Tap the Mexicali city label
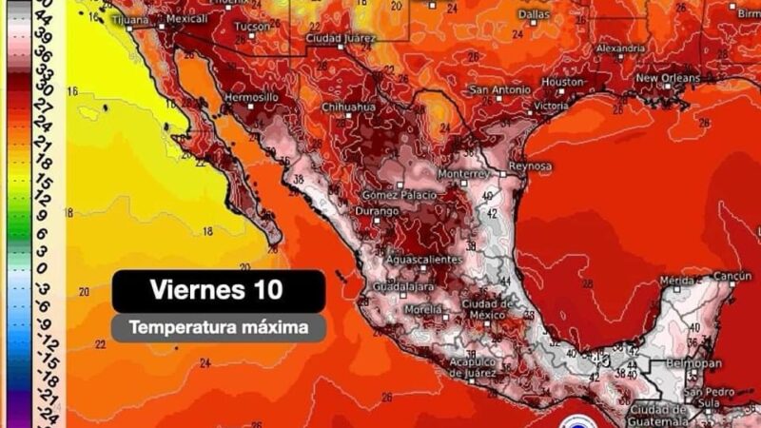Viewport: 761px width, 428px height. click(x=186, y=18)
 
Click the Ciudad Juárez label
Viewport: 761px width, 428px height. click(x=338, y=37)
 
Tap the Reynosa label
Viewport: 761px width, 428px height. click(x=531, y=166)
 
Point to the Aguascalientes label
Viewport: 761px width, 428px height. click(x=424, y=260)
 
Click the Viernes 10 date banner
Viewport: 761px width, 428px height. click(x=218, y=289)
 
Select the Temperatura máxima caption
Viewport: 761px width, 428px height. click(x=218, y=328)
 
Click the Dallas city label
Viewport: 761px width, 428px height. click(x=536, y=14)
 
